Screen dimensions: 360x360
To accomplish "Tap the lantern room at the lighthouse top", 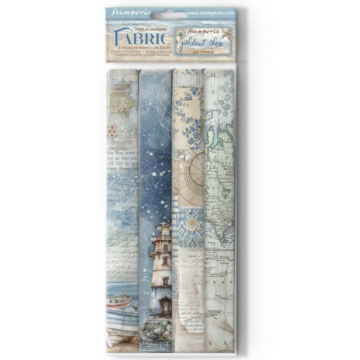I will click(163, 227).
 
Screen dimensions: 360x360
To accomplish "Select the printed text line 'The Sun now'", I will click(122, 154).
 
